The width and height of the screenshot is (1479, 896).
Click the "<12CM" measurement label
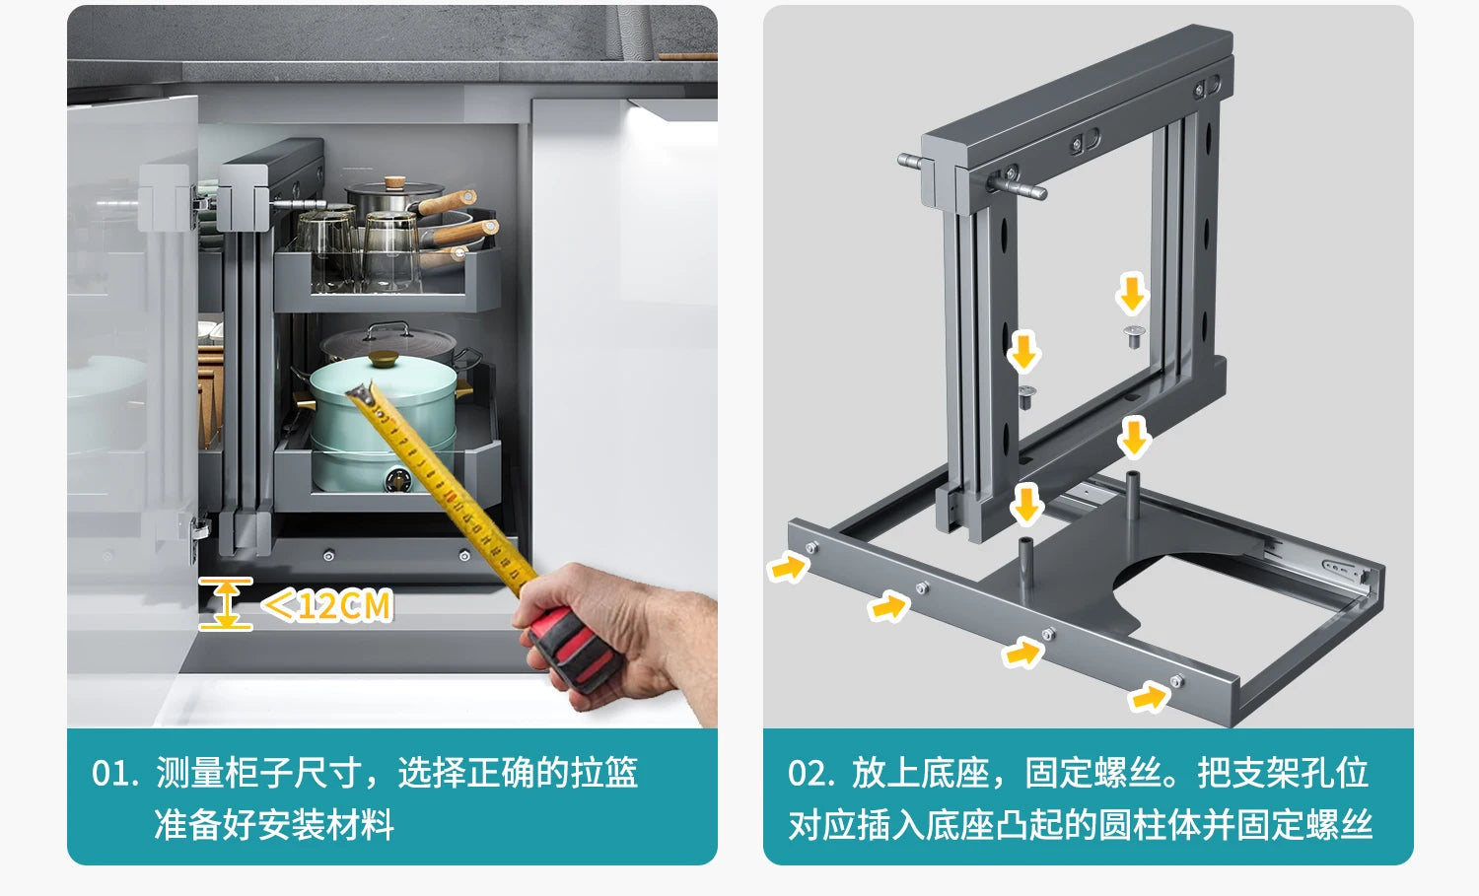(327, 605)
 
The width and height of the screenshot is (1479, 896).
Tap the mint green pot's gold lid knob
(384, 359)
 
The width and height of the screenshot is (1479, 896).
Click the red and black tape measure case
(572, 649)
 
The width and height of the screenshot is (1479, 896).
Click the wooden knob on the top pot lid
(395, 182)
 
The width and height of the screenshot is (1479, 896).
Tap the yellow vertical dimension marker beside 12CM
(226, 603)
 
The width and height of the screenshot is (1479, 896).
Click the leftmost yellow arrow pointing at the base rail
(787, 568)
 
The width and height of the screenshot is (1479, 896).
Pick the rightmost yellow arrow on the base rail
(1149, 697)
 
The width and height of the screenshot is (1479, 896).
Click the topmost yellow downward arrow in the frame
(1132, 295)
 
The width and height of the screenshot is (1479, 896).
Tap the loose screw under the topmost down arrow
(1134, 337)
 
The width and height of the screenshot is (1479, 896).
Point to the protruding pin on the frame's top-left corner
(911, 162)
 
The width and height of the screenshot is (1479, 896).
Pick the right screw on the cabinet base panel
(464, 556)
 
